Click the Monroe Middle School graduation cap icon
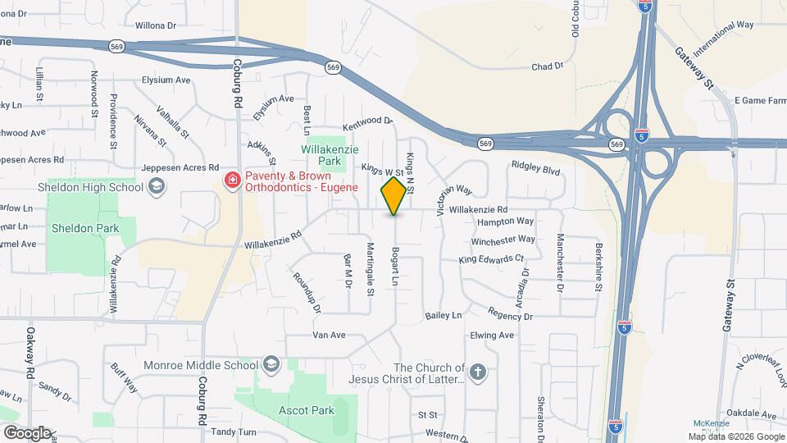271,364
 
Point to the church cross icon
479,373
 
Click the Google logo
26,432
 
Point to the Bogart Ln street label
394,267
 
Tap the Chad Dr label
548,66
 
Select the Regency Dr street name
510,314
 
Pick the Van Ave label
329,335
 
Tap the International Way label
722,37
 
